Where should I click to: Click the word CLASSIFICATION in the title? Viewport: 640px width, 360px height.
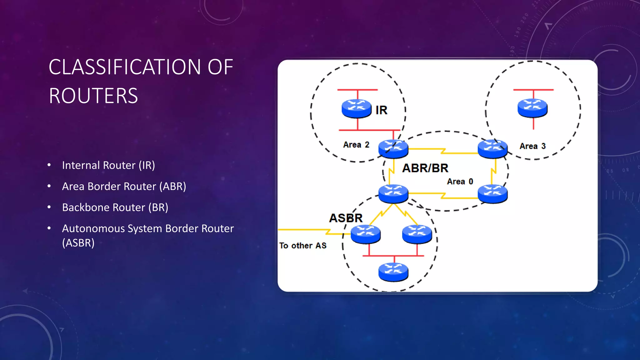point(124,67)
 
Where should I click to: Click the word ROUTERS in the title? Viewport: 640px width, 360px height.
point(93,96)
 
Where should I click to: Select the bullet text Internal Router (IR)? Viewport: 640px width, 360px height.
point(108,165)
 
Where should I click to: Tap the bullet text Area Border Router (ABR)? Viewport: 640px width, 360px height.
point(124,187)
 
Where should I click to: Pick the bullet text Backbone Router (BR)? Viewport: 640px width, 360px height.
point(115,207)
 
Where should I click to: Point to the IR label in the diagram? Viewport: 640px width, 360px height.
point(381,110)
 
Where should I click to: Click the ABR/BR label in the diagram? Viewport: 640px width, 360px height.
point(425,168)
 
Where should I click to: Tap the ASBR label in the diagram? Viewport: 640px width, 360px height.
point(346,218)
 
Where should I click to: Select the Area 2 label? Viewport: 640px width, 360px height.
point(356,145)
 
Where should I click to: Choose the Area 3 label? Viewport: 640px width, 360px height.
point(532,146)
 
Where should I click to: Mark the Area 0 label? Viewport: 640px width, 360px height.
point(460,182)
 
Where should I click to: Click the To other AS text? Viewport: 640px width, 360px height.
point(302,246)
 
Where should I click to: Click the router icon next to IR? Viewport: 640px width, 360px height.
point(357,108)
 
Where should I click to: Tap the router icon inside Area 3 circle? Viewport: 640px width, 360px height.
point(532,108)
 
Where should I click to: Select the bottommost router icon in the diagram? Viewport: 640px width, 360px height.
point(393,272)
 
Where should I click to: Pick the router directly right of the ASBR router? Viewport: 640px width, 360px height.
point(417,234)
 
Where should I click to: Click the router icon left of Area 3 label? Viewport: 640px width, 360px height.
point(492,148)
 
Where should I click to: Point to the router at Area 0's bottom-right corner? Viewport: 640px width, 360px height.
point(492,194)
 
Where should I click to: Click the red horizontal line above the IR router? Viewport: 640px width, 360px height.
point(357,90)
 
